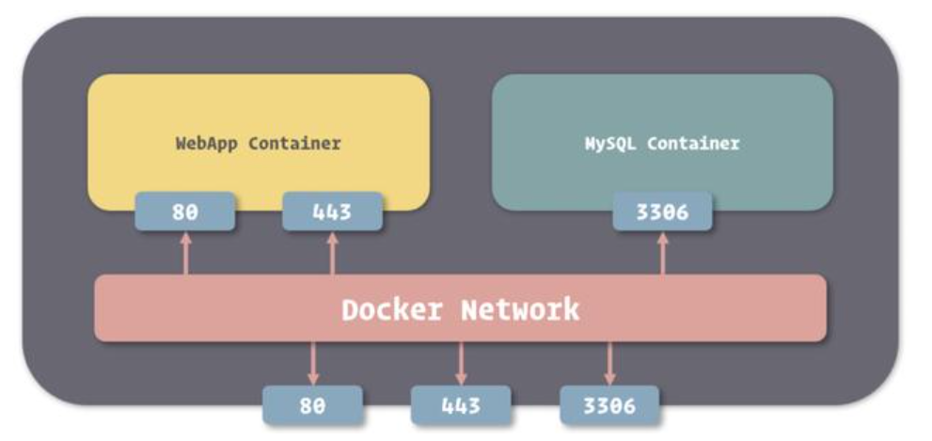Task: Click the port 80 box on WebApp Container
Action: (184, 212)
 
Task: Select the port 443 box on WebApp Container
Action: (332, 212)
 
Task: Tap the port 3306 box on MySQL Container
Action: (662, 212)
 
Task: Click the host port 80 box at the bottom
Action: (312, 405)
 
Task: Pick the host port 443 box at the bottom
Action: (461, 405)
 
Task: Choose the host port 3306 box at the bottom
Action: (608, 405)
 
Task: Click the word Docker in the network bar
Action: (390, 309)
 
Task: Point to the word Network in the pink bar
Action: (519, 309)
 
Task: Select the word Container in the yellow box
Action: (294, 144)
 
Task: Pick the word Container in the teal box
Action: (693, 144)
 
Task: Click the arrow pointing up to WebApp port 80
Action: (185, 253)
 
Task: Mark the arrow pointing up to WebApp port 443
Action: (332, 253)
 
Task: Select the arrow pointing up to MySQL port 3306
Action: (662, 253)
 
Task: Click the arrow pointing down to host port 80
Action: (312, 363)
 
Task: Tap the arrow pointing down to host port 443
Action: (461, 363)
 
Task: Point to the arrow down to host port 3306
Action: (608, 363)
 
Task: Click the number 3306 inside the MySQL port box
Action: (662, 212)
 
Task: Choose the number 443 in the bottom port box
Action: (461, 405)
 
